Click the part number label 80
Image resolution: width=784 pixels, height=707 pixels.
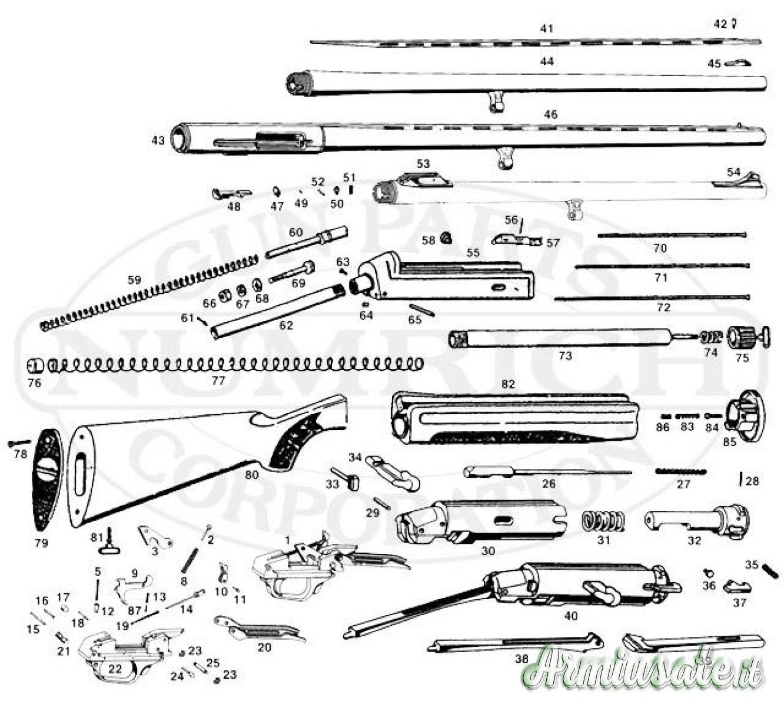pos(251,473)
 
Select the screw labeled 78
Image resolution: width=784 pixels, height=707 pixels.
pos(19,442)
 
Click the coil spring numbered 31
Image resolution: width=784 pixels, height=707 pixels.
pos(603,522)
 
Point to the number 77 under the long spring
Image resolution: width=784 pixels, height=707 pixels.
pos(218,381)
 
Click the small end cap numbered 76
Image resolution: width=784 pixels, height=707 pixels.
pos(35,366)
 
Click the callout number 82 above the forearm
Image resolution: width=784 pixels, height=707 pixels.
pos(509,384)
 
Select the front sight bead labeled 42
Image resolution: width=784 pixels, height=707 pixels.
pos(735,24)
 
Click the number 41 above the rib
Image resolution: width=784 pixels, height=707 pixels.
pos(547,28)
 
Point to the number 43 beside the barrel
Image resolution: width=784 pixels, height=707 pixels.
pos(158,140)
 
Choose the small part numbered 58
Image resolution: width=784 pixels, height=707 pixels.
pos(446,237)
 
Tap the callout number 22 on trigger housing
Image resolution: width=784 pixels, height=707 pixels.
pos(115,669)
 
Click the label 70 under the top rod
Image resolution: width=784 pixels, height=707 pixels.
pos(660,249)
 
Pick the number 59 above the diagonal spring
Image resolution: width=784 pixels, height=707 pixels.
pos(135,280)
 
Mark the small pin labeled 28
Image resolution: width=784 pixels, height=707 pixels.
pos(740,478)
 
